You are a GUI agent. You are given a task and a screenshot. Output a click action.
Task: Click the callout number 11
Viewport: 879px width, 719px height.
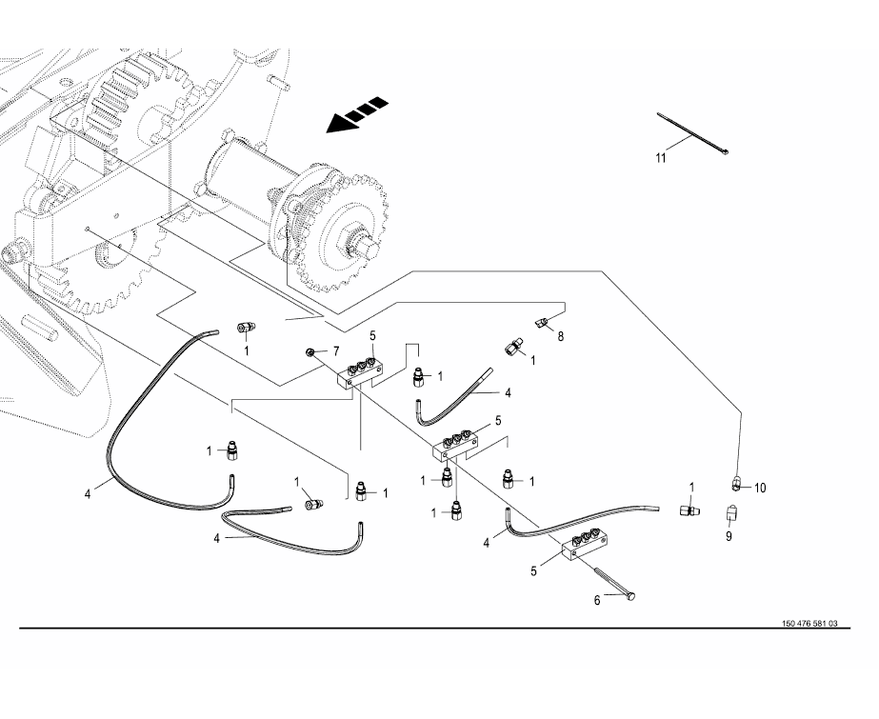click(x=661, y=159)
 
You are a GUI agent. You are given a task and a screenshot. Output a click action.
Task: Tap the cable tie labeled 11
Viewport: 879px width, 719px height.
click(x=693, y=133)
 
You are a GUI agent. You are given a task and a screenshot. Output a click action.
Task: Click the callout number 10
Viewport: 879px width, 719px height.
click(x=760, y=489)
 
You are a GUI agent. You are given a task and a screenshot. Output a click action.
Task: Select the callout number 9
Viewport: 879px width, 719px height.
click(x=729, y=536)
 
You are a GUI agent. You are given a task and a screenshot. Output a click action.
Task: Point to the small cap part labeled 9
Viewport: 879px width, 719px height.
click(x=730, y=512)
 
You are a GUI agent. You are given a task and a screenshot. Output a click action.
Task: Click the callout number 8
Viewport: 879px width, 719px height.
click(x=560, y=336)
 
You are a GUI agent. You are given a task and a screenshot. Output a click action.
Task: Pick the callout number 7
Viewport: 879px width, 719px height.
click(x=336, y=351)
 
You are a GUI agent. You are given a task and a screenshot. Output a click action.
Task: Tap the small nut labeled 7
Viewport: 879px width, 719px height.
click(x=309, y=351)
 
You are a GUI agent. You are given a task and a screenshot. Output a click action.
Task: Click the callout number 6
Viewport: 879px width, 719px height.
click(x=597, y=601)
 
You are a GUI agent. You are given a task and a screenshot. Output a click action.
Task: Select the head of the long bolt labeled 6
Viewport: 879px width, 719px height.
click(x=629, y=597)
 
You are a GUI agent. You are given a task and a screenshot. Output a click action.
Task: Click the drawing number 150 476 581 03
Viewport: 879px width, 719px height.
click(x=809, y=623)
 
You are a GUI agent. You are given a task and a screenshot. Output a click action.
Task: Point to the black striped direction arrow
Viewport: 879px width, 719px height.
click(x=357, y=115)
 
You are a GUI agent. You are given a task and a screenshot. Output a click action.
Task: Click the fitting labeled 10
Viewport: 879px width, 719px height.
click(x=737, y=482)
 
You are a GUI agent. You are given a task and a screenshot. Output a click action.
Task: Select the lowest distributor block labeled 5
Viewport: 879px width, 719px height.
click(x=588, y=545)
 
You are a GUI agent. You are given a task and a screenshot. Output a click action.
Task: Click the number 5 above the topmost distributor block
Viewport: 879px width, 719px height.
click(x=372, y=336)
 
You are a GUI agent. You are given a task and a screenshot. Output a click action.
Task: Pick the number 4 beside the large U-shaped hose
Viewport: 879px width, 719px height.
click(x=88, y=494)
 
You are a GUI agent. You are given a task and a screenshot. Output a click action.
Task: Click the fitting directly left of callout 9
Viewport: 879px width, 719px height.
click(x=688, y=510)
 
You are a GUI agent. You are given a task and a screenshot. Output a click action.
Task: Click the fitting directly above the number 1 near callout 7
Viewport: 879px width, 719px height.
click(x=246, y=328)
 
